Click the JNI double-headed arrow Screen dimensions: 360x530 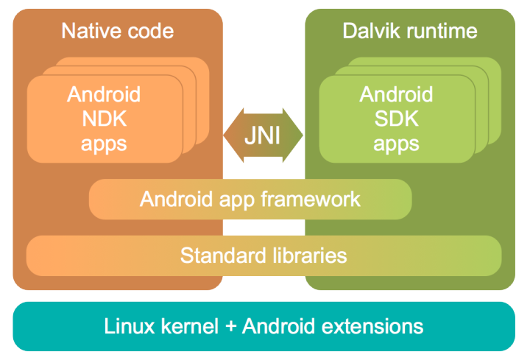tap(262, 136)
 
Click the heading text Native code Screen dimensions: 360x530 tap(117, 30)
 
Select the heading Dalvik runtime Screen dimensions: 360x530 tap(410, 30)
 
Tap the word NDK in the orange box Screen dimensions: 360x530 tap(104, 119)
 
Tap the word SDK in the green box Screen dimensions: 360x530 tap(396, 119)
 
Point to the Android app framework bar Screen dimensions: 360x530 tap(250, 199)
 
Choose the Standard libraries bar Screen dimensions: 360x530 tap(264, 255)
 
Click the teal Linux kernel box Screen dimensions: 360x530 tap(264, 325)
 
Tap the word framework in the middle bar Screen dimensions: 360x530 tap(314, 199)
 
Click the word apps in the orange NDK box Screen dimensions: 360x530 tap(104, 143)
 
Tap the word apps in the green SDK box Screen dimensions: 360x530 tap(396, 143)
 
